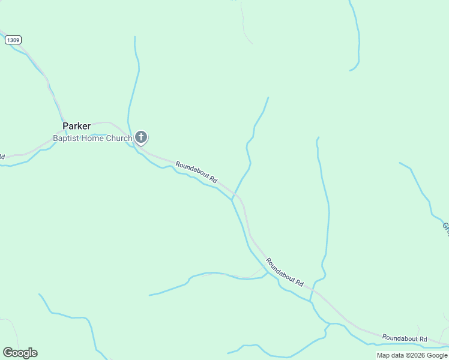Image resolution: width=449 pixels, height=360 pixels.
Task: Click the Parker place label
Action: click(x=76, y=126)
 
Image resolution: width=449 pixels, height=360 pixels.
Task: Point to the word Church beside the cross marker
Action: click(x=118, y=139)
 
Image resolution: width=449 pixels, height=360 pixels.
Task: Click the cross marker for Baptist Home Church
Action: click(x=141, y=138)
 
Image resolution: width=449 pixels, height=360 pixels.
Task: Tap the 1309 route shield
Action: click(x=13, y=40)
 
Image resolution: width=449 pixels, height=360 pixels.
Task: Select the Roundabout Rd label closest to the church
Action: click(x=196, y=172)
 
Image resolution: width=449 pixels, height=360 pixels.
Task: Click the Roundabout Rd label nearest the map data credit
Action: click(x=404, y=339)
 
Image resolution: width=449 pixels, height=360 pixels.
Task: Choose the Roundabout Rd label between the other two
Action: click(x=285, y=272)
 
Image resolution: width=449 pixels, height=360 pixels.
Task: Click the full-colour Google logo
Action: click(x=20, y=353)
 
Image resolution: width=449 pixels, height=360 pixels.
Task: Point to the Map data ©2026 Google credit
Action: click(x=412, y=355)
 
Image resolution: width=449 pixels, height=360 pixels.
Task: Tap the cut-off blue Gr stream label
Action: click(x=446, y=227)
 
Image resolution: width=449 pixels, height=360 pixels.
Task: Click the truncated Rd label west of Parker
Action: click(x=2, y=157)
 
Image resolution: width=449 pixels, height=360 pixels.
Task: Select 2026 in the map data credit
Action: click(x=416, y=355)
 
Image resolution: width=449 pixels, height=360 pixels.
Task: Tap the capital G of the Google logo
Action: click(x=7, y=353)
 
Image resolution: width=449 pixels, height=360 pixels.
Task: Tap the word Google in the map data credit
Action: click(x=436, y=355)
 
